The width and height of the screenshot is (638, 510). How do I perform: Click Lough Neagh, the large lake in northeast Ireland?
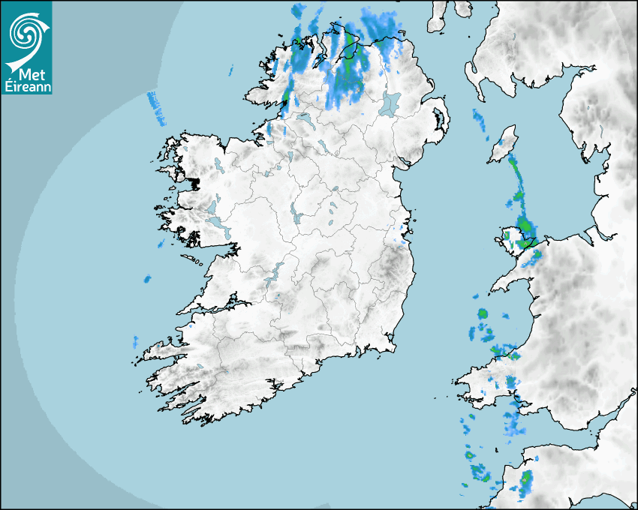391,103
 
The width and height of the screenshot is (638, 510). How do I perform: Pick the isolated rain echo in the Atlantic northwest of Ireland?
156,107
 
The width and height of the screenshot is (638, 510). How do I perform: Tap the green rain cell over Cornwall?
527,478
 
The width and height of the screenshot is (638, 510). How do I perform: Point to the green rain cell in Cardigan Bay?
483,313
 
